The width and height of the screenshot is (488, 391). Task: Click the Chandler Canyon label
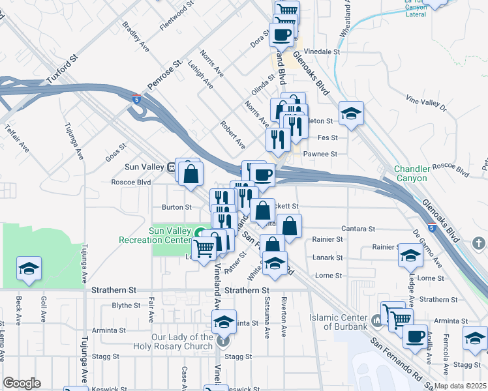(x=420, y=173)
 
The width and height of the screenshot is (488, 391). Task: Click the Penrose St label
(x=164, y=76)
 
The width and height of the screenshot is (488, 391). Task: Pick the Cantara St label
(x=359, y=229)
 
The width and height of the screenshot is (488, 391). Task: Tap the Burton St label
(x=176, y=207)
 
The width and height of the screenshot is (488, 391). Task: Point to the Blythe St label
(x=126, y=305)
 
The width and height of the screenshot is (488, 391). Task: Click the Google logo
(x=22, y=383)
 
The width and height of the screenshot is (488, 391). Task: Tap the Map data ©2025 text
(x=461, y=386)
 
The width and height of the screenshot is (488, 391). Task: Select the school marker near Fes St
(x=350, y=114)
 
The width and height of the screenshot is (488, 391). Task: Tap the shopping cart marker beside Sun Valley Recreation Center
(x=204, y=248)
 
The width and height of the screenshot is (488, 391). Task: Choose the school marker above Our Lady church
(x=223, y=321)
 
